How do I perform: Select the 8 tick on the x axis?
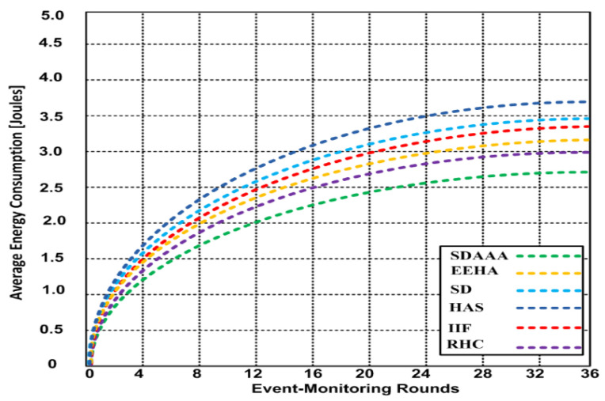196,373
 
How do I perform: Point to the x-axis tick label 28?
478,373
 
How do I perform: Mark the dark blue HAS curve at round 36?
587,102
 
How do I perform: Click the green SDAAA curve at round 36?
587,172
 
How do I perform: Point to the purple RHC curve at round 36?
587,152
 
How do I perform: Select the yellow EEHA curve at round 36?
587,140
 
